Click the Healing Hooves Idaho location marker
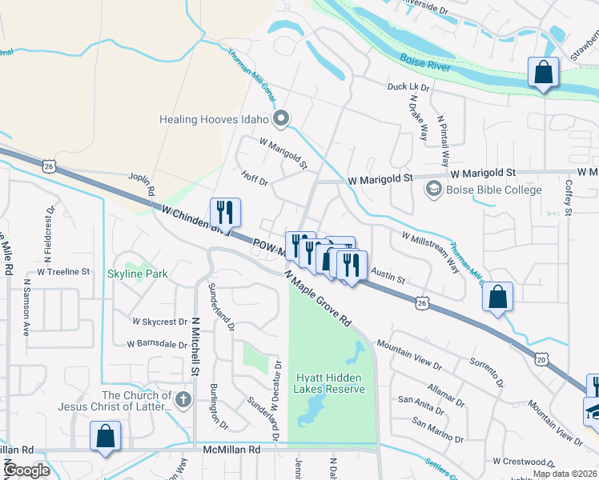coord(280,120)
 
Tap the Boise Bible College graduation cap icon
coord(433,190)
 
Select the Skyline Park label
coord(138,274)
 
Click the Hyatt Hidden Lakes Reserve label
coord(330,383)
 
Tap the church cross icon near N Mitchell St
coord(183,399)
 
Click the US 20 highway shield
coord(542,361)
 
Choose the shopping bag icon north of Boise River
coord(543,73)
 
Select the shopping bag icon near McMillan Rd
coord(105,437)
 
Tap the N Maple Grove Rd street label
coord(319,297)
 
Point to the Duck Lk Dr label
coord(408,86)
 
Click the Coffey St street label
coord(568,197)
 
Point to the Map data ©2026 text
coord(564,474)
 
